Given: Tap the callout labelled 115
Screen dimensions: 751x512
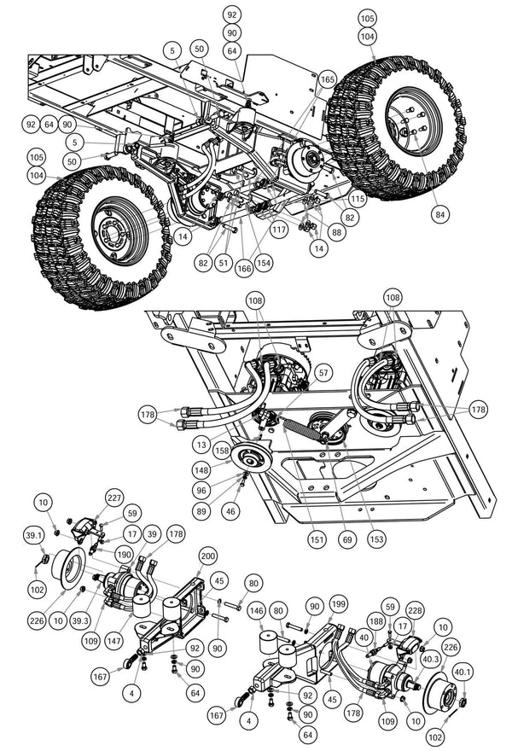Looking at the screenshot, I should click(x=356, y=198).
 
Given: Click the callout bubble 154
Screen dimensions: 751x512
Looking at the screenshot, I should click(x=264, y=263).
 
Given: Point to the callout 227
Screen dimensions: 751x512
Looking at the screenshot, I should click(x=114, y=498).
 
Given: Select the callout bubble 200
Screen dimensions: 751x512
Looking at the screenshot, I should click(x=207, y=555).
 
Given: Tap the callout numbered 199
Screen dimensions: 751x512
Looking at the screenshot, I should click(x=339, y=602).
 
